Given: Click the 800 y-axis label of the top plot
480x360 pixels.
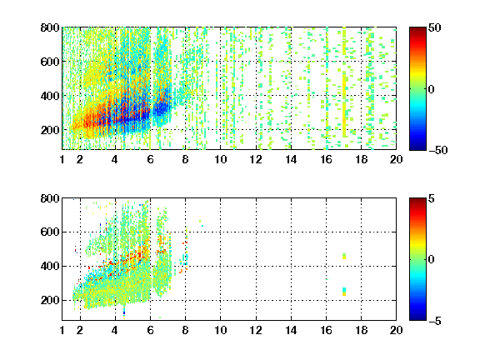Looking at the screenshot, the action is pos(50,27).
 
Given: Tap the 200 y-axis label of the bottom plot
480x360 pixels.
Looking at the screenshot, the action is pos(50,300).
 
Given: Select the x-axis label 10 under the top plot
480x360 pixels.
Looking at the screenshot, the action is pos(220,159).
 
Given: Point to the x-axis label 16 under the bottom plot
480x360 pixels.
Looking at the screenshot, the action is pos(326,330).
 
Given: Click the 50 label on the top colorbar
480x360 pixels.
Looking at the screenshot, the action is pos(435,27).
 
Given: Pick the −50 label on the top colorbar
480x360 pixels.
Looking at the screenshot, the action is pos(437,150).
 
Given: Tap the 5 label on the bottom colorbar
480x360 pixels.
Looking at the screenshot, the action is pos(432,198).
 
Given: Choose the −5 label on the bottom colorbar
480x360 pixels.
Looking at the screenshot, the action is pos(435,321).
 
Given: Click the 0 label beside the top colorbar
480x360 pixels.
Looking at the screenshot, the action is pos(432,89).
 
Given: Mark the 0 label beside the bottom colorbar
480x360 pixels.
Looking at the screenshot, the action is pos(432,260).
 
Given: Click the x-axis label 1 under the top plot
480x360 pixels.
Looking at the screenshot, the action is pos(62,159).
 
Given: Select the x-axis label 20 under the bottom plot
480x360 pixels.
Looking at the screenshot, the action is pos(396,330).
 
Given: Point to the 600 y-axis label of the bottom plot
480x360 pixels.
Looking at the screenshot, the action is pos(50,232).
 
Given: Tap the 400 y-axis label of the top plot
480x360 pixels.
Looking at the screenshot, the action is pos(50,96).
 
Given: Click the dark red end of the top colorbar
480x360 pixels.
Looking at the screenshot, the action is pos(417,30).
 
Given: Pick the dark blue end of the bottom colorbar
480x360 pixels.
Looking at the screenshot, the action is pos(417,317).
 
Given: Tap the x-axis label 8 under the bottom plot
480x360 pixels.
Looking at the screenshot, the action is pos(185,330).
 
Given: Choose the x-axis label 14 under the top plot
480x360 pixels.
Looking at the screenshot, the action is pos(291,159).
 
